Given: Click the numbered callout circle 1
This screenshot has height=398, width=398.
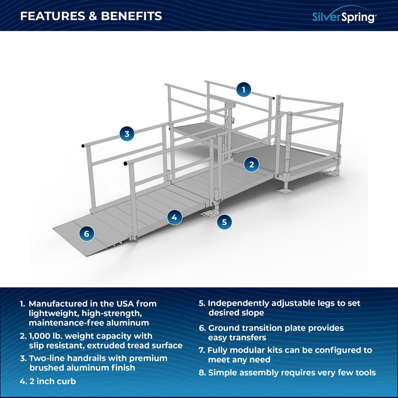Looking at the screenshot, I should coord(244,90).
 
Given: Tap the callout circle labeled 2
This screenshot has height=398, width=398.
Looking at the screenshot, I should coord(252,164).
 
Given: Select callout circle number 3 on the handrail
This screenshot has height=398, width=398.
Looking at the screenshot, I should coord(127,134).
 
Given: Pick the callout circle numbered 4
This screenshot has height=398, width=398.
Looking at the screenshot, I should coord(174,217).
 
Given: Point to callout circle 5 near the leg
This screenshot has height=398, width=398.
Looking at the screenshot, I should coord(224,222).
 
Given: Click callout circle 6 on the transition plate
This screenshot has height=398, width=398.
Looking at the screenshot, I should coord(86,234).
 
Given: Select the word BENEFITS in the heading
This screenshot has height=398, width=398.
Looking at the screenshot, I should coord(131,16).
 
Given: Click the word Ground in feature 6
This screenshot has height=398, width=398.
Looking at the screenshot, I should coord(222,328).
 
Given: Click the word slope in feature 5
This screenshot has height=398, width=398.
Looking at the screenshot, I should coord(253,313).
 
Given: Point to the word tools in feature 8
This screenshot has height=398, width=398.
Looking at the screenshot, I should coord(364,373).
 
